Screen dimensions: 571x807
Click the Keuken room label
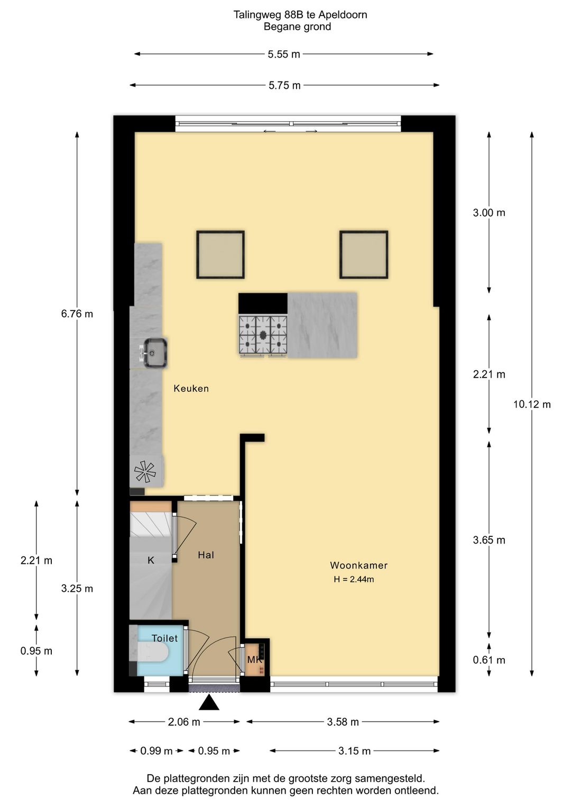click(191, 388)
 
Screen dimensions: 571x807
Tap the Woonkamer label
click(358, 565)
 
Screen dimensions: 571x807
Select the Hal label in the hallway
click(206, 555)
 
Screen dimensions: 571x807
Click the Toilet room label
click(164, 638)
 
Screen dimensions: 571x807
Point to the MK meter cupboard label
click(254, 660)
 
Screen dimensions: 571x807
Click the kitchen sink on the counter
click(153, 353)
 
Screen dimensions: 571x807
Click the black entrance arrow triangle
click(209, 703)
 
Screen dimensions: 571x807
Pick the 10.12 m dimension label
click(532, 405)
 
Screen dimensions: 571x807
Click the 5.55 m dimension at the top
click(284, 54)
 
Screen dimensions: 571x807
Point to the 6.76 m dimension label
click(77, 314)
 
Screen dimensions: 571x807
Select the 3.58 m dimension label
click(343, 722)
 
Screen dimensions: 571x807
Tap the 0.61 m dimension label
click(489, 660)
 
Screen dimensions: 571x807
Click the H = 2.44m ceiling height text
click(354, 579)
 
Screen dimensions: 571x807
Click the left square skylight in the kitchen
click(220, 255)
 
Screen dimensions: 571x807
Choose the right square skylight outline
click(364, 231)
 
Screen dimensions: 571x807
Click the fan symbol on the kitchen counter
click(145, 472)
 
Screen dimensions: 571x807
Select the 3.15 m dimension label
click(354, 751)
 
